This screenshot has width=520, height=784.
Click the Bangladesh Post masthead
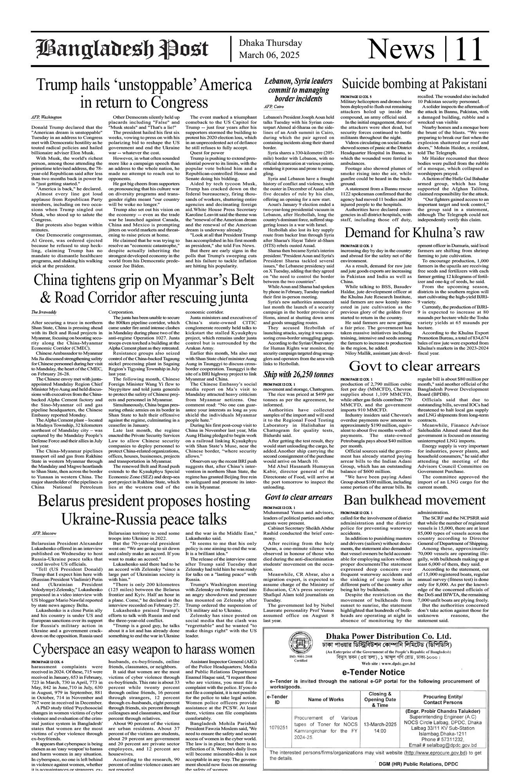[123, 49]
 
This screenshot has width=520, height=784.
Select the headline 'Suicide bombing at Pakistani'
[414, 84]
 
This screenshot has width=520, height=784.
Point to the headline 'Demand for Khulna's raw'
[414, 233]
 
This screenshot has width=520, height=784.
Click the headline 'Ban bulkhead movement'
[414, 500]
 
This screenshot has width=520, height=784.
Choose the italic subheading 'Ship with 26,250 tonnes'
[298, 375]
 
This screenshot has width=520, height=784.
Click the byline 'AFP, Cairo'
[273, 107]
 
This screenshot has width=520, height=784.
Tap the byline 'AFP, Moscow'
[44, 533]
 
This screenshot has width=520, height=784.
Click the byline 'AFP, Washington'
[46, 117]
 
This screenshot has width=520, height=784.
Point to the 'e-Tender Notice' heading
[373, 672]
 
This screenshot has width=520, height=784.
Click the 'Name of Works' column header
[326, 699]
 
